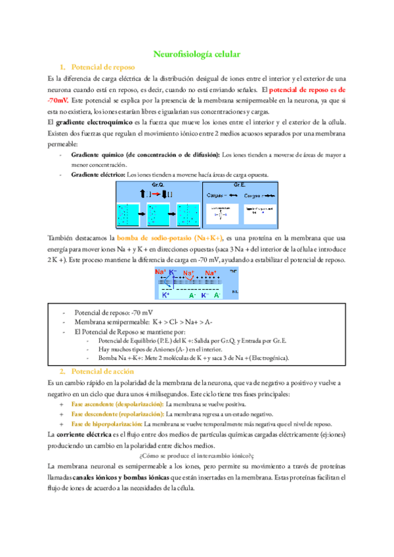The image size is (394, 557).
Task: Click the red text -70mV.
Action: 57,101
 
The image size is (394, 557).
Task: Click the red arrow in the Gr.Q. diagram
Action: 159,195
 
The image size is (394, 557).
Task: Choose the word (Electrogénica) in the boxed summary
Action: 259,358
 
